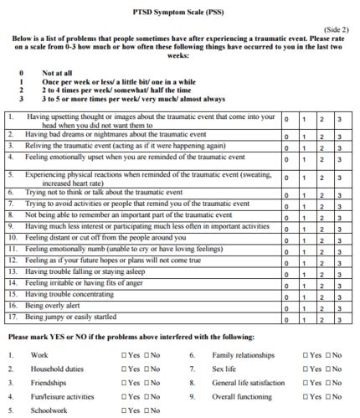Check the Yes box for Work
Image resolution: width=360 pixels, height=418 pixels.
pyautogui.click(x=125, y=356)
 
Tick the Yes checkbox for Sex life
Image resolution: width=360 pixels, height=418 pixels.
pyautogui.click(x=306, y=369)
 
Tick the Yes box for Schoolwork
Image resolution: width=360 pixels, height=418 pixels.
pyautogui.click(x=125, y=410)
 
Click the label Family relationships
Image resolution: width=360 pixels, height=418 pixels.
pyautogui.click(x=244, y=356)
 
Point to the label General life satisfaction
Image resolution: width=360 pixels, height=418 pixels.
pyautogui.click(x=249, y=383)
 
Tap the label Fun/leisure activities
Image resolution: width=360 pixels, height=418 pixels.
pyautogui.click(x=63, y=396)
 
